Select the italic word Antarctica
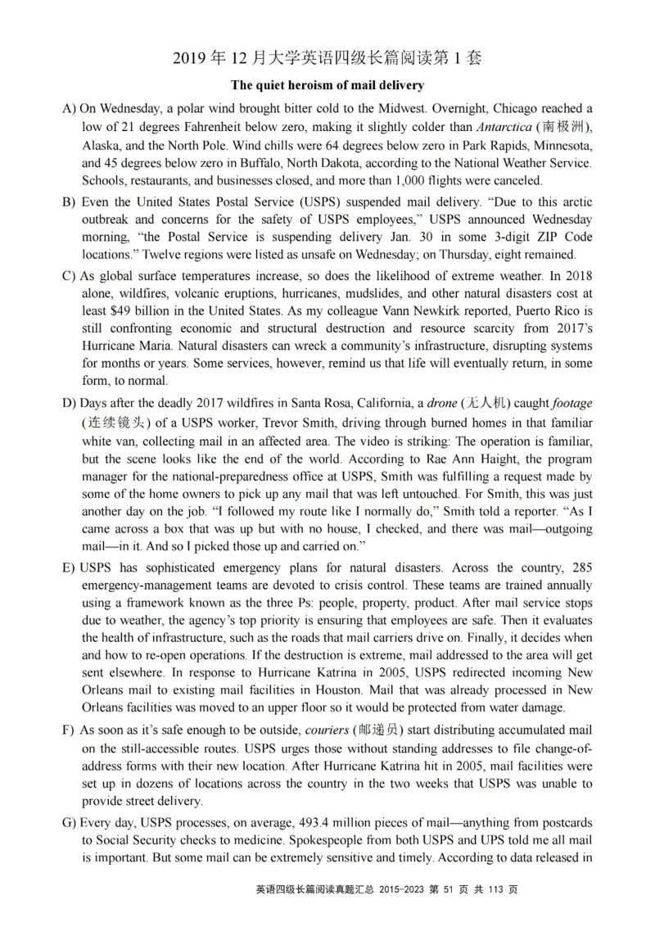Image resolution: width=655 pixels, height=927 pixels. (504, 127)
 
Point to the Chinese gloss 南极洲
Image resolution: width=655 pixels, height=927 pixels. (561, 127)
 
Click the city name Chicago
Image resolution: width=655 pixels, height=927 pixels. (491, 108)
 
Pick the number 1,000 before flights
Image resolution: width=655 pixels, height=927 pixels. (412, 181)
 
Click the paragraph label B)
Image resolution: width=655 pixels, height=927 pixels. (70, 201)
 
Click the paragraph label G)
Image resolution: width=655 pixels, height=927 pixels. (70, 822)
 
